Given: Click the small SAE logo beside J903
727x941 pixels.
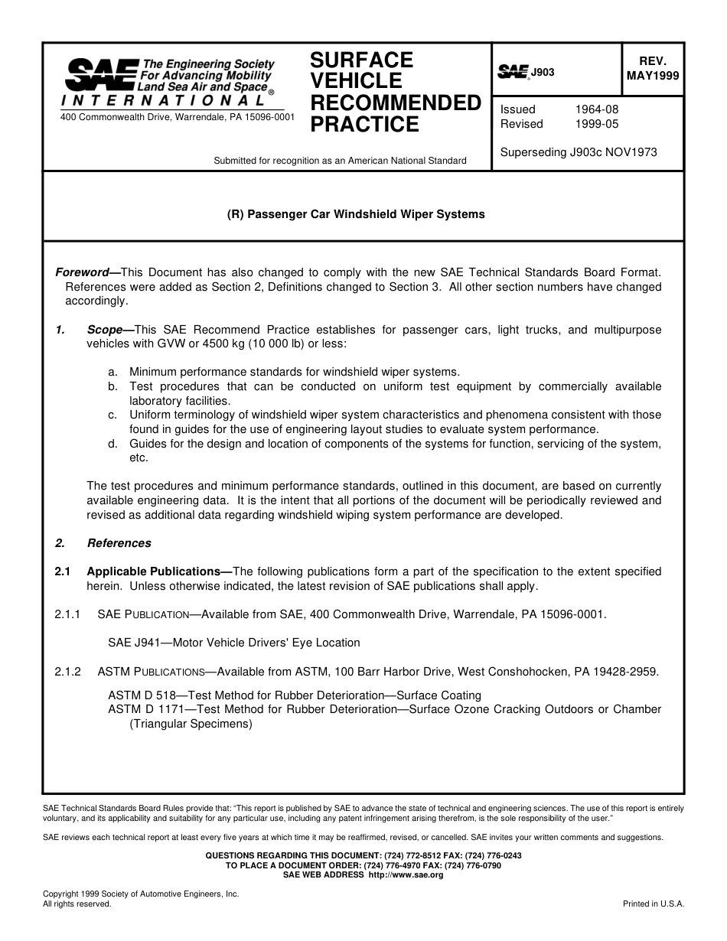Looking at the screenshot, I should tap(513, 73).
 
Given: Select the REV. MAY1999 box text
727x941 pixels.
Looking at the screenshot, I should tap(652, 69).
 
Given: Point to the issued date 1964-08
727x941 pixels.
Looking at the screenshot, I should tap(597, 109).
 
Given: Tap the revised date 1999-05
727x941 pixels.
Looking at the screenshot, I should tap(597, 124).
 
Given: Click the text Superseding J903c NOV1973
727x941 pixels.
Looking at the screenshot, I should tap(579, 152).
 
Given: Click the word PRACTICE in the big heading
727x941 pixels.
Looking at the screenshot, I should tap(364, 125).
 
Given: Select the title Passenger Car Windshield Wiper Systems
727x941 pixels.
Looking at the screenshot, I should tap(356, 214).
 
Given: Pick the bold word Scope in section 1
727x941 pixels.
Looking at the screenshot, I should tap(105, 330).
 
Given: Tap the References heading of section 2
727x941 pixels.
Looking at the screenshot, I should tap(119, 543).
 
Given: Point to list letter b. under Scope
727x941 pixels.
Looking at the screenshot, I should tap(112, 386).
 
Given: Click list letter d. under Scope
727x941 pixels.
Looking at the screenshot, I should tap(112, 444).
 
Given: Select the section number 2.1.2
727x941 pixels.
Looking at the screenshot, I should tap(67, 672).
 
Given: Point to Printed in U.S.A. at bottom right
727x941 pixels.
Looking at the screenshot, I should tap(654, 904).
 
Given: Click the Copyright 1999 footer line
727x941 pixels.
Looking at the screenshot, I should tap(141, 894).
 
